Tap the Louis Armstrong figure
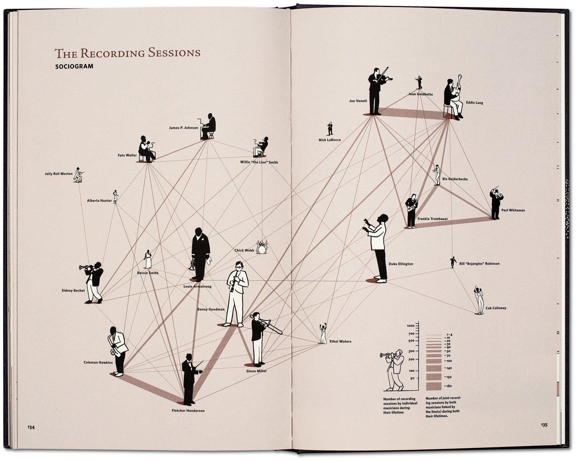point(201,253)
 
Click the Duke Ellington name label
point(401,264)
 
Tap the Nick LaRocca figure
point(330,129)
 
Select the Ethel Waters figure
point(322,333)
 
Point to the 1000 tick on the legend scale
point(411,326)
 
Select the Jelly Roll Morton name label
point(59,174)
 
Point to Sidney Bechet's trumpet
point(85,268)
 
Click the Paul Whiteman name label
point(513,210)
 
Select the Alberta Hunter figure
point(115,197)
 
